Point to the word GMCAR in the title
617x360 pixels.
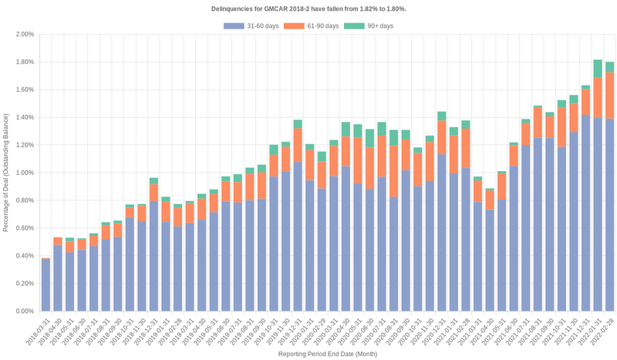(x=269, y=8)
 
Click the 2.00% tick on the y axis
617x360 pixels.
(x=25, y=35)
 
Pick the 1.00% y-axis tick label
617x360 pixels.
(x=25, y=173)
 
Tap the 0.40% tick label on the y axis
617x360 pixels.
(x=25, y=256)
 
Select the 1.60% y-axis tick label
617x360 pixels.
(x=25, y=90)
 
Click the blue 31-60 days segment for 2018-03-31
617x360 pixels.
(x=46, y=285)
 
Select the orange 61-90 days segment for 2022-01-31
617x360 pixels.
(x=598, y=96)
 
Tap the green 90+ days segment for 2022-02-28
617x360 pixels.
(x=609, y=67)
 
